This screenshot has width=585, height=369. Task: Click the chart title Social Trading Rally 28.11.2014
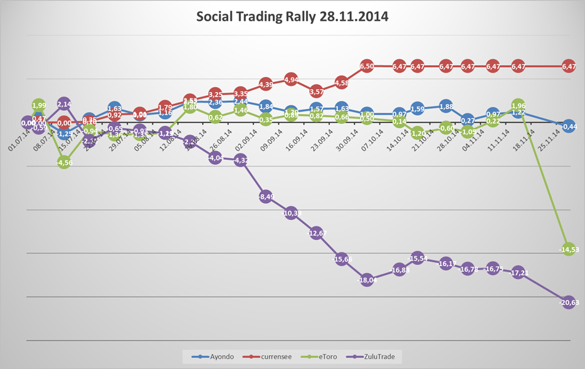(x=292, y=17)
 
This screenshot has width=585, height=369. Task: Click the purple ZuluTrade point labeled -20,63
(x=568, y=302)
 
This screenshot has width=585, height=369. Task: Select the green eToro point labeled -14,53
(x=568, y=249)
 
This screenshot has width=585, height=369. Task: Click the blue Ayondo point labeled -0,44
(x=568, y=126)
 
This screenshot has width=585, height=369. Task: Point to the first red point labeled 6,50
(x=367, y=66)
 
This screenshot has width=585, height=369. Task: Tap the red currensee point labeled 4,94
(x=291, y=80)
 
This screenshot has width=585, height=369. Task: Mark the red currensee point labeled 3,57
(x=317, y=91)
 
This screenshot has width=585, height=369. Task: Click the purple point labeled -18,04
(x=367, y=280)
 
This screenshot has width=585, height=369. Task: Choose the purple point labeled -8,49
(x=265, y=196)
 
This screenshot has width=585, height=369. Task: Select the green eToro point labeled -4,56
(x=63, y=162)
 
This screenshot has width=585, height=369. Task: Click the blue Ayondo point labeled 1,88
(x=446, y=106)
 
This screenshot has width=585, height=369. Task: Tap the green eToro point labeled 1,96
(x=517, y=105)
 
